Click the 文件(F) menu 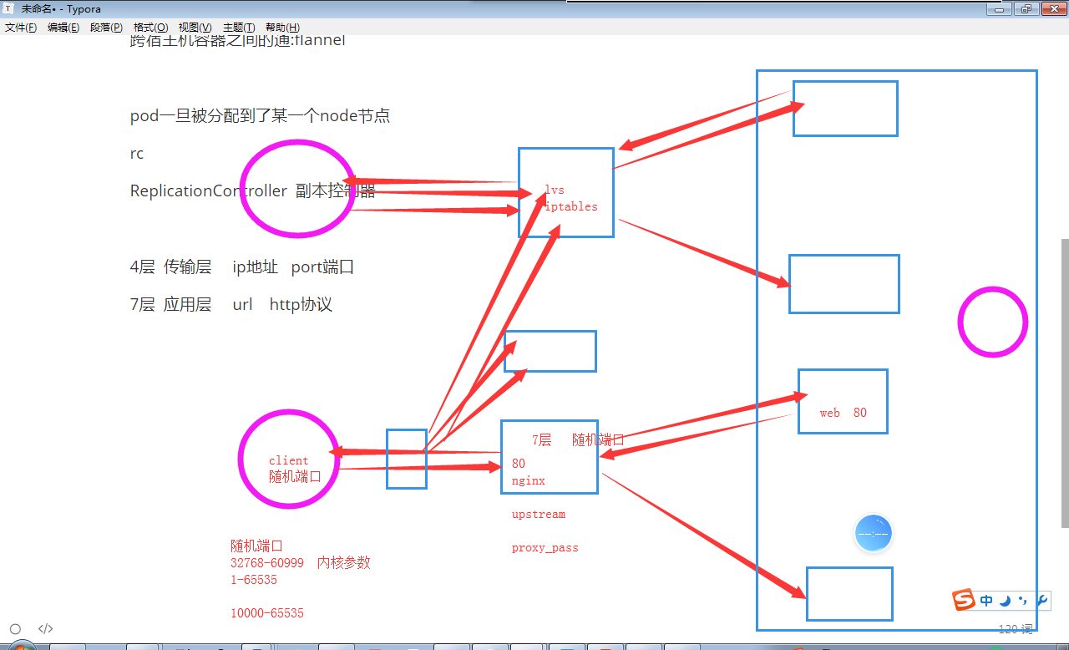click(x=21, y=28)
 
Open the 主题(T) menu click(x=239, y=28)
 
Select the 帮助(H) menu click(x=282, y=28)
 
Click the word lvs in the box click(x=555, y=190)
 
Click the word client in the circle click(x=288, y=460)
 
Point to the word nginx click(x=528, y=480)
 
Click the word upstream click(x=538, y=514)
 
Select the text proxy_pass click(x=545, y=548)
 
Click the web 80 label click(x=843, y=413)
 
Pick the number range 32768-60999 click(x=267, y=563)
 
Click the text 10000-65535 click(x=267, y=613)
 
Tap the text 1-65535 click(x=254, y=580)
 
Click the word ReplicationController click(x=208, y=191)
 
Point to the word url click(x=242, y=305)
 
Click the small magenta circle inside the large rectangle click(x=992, y=322)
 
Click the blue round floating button click(x=874, y=533)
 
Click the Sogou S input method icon click(x=964, y=600)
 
